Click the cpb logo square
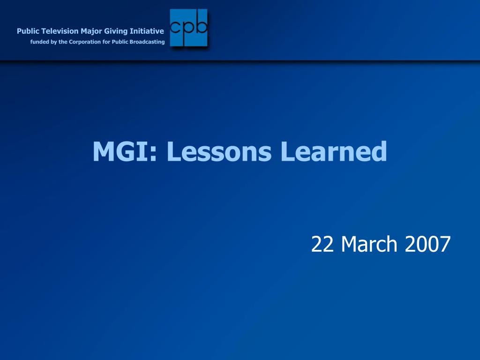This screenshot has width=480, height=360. pos(188,28)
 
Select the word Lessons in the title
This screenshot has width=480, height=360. pos(219,151)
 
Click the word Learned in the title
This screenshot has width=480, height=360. pos(334,151)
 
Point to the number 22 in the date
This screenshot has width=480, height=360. pos(322,244)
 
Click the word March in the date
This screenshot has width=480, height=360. pos(369,244)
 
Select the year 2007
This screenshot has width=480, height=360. pos(427,244)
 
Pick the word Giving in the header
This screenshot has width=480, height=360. pos(116,31)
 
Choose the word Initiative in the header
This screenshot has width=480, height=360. pos(147,31)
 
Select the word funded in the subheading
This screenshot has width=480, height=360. pos(39,42)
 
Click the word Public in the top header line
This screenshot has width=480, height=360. pos(28,31)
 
